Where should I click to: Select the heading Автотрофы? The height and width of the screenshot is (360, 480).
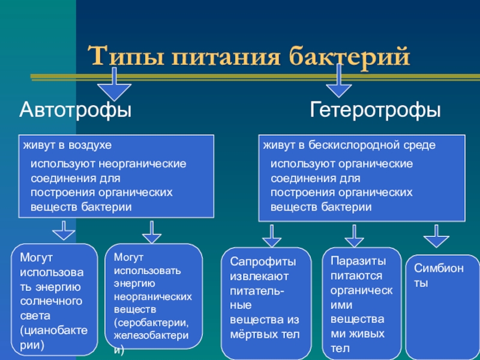[76, 110]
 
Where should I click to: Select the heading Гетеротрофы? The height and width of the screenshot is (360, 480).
[376, 110]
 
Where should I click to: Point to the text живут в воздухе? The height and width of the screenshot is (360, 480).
[67, 145]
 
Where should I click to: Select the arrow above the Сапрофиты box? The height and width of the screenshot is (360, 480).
[272, 236]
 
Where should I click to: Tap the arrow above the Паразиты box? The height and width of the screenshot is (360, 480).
[354, 236]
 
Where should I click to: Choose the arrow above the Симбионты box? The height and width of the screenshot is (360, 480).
[436, 236]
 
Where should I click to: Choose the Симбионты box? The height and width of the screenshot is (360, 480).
[443, 306]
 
